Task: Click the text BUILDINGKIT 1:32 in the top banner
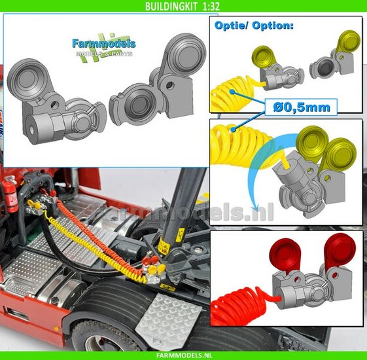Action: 183,6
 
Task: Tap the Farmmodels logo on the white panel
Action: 104,47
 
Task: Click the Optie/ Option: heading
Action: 254,26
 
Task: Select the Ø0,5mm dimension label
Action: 302,107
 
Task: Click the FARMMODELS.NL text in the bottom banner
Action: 183,355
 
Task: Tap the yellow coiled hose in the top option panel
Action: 232,94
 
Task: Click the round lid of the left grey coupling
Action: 26,79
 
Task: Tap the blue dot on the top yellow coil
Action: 232,92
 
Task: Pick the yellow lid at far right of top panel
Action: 348,41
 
